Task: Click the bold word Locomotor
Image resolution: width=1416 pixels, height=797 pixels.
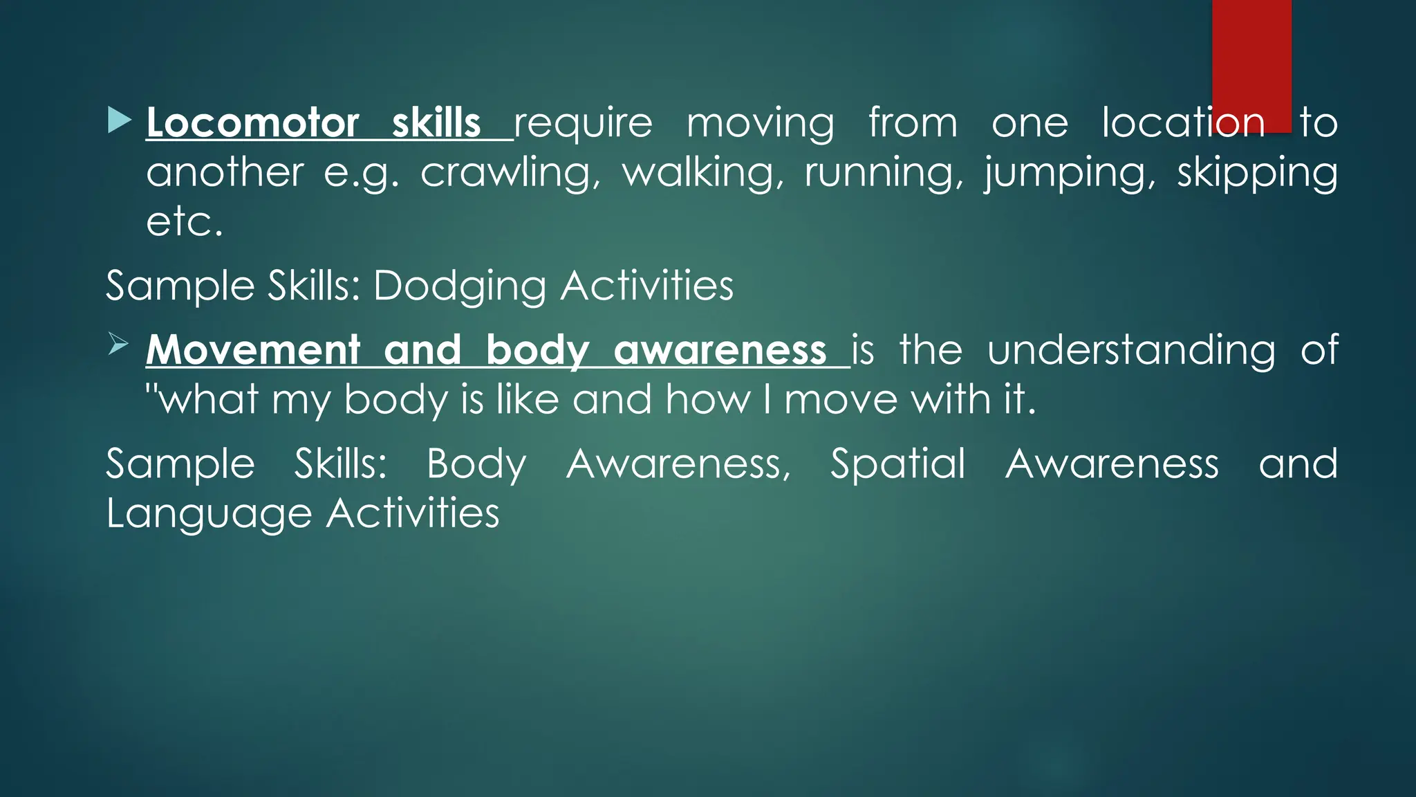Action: pos(252,123)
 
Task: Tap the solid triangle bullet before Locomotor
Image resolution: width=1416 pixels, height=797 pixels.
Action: pos(119,120)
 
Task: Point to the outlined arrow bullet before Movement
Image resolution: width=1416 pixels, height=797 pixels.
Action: pos(118,344)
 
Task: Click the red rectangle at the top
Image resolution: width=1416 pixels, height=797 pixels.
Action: pos(1251,62)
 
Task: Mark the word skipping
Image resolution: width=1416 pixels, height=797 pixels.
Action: pos(1257,172)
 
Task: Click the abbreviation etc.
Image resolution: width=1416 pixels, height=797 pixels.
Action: pos(185,222)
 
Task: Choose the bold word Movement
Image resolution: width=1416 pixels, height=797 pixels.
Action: pos(254,350)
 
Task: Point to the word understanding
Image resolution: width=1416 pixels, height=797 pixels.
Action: pos(1131,350)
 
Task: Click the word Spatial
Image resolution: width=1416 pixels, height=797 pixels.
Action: pos(897,464)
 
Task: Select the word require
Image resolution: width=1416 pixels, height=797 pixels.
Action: pos(583,123)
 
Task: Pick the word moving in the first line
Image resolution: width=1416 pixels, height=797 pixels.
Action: pos(760,123)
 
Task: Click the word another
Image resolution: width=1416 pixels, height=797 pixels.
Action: pos(225,172)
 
